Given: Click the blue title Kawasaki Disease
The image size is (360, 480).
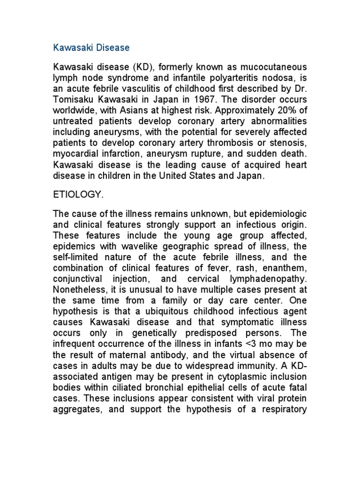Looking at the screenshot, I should click(x=91, y=48).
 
